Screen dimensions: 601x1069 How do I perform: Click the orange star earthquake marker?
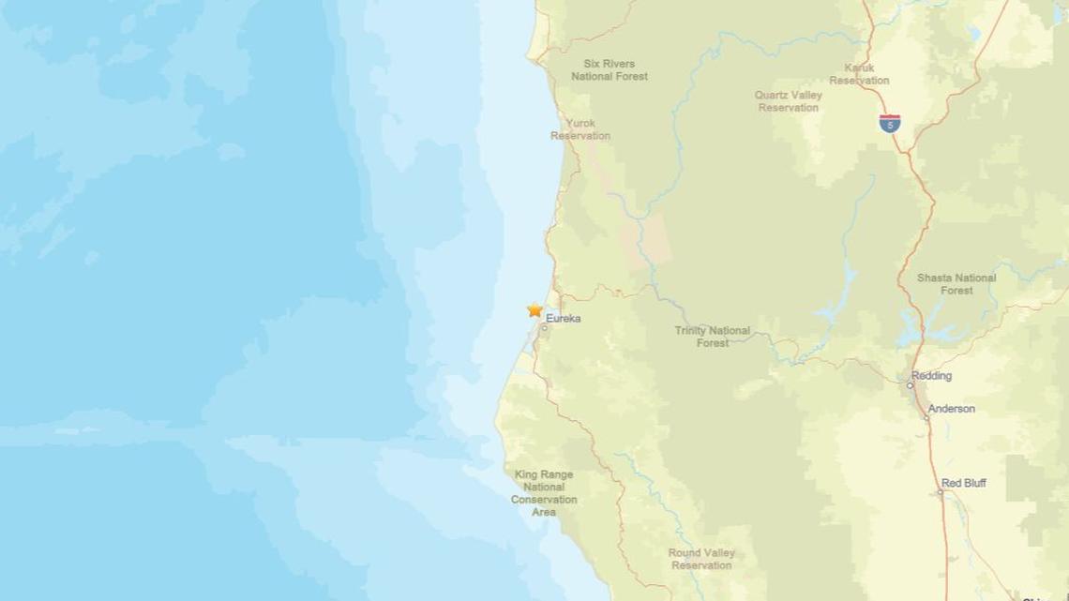[534, 309]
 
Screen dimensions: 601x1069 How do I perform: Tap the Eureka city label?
[563, 319]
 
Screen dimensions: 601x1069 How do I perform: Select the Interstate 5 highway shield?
[890, 122]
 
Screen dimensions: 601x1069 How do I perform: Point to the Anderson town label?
[951, 409]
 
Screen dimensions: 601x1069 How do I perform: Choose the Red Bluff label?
[965, 483]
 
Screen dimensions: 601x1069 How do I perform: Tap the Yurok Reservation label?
[580, 129]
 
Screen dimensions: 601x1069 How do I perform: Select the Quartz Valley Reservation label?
[788, 101]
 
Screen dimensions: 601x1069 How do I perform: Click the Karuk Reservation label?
[859, 75]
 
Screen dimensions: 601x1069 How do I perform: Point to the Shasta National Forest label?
[956, 284]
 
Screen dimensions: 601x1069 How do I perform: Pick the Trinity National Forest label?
[713, 337]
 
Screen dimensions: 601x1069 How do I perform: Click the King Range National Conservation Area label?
[544, 493]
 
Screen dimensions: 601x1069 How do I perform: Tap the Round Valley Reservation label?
[700, 559]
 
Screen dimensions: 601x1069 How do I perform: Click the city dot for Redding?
[910, 384]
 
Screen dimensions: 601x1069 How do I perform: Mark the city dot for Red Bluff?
[941, 492]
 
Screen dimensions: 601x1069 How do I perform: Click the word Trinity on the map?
[692, 331]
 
